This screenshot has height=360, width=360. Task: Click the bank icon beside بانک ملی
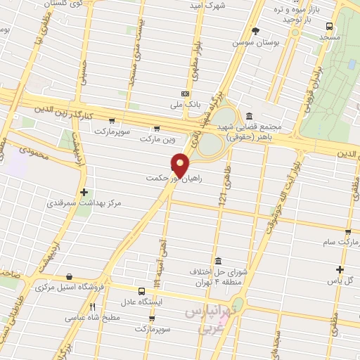(x=185, y=94)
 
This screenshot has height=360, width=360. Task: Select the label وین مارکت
(x=155, y=139)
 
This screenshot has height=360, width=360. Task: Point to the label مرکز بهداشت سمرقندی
(x=84, y=203)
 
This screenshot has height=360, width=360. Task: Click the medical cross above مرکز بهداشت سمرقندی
(x=84, y=192)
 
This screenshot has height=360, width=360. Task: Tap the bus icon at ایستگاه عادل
(x=143, y=291)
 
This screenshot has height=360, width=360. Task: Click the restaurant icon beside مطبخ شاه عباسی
(x=92, y=307)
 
